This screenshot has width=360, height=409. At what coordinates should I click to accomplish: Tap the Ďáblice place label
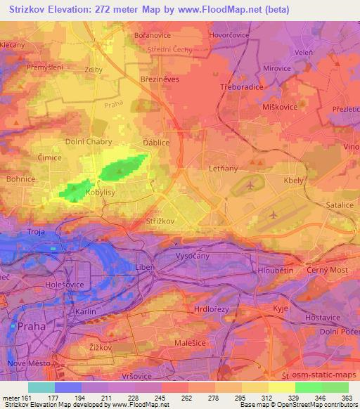coord(155,141)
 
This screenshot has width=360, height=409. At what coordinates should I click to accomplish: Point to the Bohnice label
coord(21,179)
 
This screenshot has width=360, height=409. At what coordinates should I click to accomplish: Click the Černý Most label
coord(326,270)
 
